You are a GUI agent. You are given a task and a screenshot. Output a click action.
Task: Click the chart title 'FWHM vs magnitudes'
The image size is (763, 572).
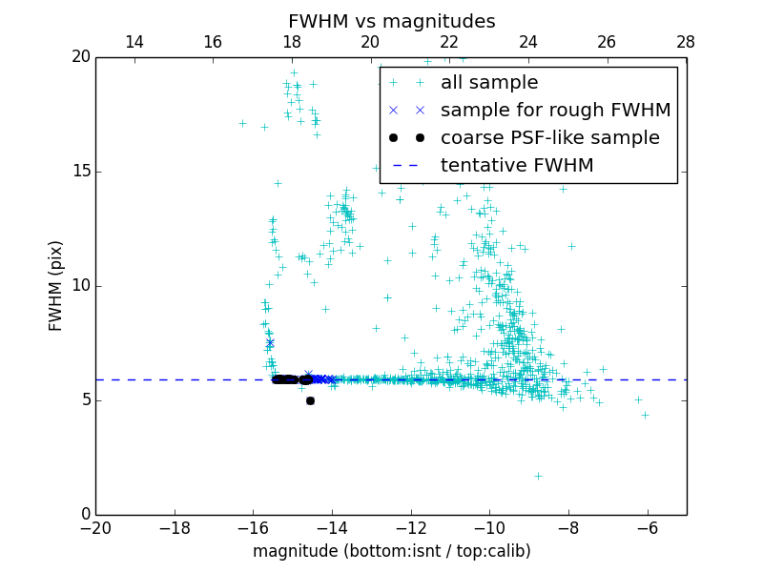point(391,21)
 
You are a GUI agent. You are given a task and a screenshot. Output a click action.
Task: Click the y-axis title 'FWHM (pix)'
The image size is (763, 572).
point(56,286)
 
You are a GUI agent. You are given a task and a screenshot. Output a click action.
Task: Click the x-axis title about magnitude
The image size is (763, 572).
point(391,551)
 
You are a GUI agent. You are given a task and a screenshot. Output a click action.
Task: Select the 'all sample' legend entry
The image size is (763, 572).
point(489,83)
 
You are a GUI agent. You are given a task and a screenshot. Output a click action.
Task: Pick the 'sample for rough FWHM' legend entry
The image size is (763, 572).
point(555,111)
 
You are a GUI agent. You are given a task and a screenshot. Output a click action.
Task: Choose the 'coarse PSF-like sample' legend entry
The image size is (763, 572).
point(549,138)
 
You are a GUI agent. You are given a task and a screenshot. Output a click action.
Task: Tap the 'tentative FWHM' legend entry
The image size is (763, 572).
point(517,166)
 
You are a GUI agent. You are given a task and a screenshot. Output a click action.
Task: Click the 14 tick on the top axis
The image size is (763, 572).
point(134,42)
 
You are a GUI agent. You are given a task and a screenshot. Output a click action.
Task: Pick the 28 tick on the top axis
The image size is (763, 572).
point(686,42)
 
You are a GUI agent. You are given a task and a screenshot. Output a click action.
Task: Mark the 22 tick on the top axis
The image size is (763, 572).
point(449,42)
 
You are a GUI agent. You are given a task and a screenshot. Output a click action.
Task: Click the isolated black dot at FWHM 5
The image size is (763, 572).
point(310,400)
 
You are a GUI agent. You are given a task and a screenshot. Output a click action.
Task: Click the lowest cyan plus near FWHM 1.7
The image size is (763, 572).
point(538,476)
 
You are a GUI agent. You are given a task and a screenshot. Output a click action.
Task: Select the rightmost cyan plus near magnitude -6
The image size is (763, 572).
point(645,415)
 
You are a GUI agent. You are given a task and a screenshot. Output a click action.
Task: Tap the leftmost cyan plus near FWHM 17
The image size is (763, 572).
point(242,123)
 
